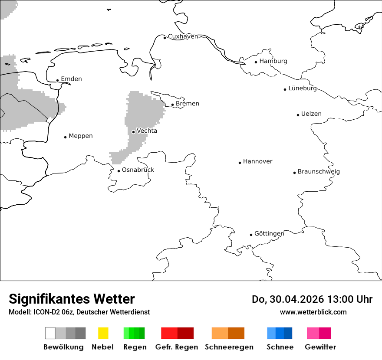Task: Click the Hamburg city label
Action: point(273,61)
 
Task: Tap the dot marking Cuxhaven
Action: point(165,38)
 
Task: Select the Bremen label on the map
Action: point(187,104)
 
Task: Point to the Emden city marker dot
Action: point(57,80)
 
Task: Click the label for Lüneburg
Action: point(303,88)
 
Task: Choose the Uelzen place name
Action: point(311,114)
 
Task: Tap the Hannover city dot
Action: point(240,163)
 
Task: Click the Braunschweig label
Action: point(319,172)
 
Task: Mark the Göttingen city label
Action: point(269,234)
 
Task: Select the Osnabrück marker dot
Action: point(119,171)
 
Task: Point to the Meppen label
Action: point(81,136)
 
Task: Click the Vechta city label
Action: point(147,131)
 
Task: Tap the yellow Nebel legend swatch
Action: point(103,333)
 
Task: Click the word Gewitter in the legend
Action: point(320,347)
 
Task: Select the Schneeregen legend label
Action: point(229,347)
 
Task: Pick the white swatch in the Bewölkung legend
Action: point(50,333)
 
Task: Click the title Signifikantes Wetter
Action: point(72,299)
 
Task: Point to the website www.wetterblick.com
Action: point(313,312)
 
